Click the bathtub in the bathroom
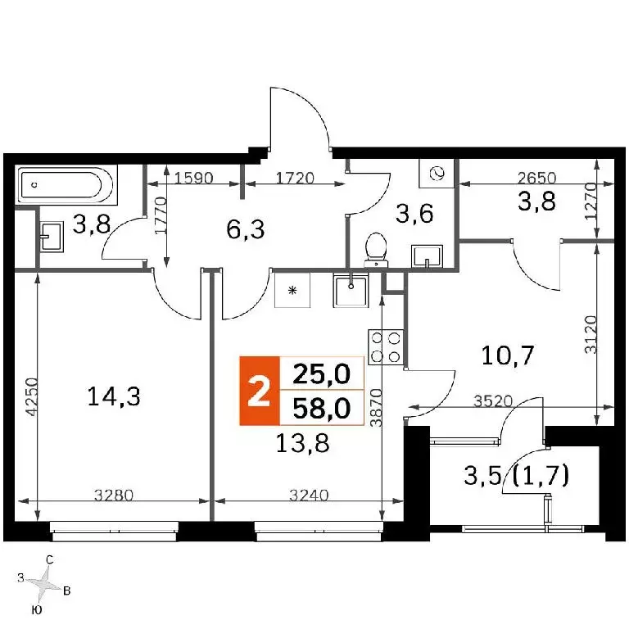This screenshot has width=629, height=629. pyautogui.click(x=67, y=186)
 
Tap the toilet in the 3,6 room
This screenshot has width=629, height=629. pyautogui.click(x=376, y=250)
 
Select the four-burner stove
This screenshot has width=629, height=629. pyautogui.click(x=386, y=347)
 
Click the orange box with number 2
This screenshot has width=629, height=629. pyautogui.click(x=259, y=391)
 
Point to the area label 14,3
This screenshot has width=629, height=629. pyautogui.click(x=114, y=397)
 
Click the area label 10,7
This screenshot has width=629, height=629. pyautogui.click(x=508, y=355)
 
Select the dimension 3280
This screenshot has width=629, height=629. pyautogui.click(x=114, y=495)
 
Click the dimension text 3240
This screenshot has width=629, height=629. pyautogui.click(x=309, y=495)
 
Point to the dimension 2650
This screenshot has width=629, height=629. pyautogui.click(x=536, y=177)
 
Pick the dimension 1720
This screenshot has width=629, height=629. pyautogui.click(x=294, y=177)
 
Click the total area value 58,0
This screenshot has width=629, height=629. pyautogui.click(x=322, y=409)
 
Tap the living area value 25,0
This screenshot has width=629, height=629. pyautogui.click(x=322, y=374)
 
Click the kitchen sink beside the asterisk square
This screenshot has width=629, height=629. pyautogui.click(x=351, y=290)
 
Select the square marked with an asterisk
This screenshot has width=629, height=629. pyautogui.click(x=292, y=290)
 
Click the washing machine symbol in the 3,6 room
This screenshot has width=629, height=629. pyautogui.click(x=437, y=174)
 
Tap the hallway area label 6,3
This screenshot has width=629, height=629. pyautogui.click(x=246, y=230)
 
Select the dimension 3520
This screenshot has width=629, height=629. pyautogui.click(x=493, y=400)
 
